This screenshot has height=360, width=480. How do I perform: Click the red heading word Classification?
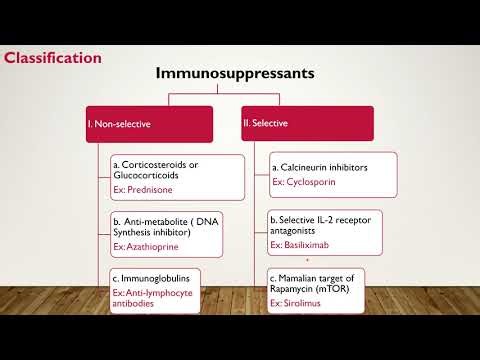click(x=52, y=57)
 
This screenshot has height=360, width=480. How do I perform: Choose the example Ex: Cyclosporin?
click(x=304, y=183)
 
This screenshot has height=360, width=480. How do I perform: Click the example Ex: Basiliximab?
click(x=302, y=244)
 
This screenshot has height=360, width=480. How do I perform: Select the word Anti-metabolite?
click(x=156, y=220)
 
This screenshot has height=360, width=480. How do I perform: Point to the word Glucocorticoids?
click(x=147, y=175)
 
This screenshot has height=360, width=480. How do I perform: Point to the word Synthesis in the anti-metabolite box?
click(x=135, y=232)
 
